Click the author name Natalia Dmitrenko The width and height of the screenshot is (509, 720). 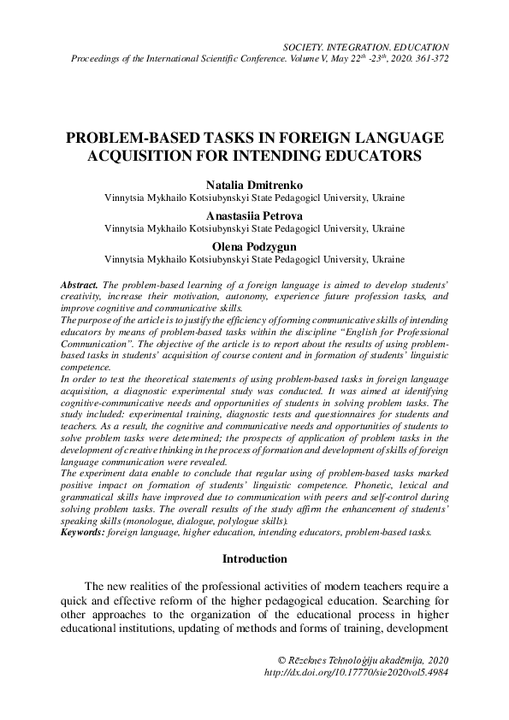[x=254, y=183]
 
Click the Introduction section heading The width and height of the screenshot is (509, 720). [x=254, y=559]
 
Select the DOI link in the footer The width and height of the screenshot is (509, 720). [x=358, y=673]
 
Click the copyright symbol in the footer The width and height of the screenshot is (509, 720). [x=284, y=660]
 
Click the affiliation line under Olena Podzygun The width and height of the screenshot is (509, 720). [x=254, y=260]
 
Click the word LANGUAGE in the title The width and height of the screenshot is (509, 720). [x=403, y=139]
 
